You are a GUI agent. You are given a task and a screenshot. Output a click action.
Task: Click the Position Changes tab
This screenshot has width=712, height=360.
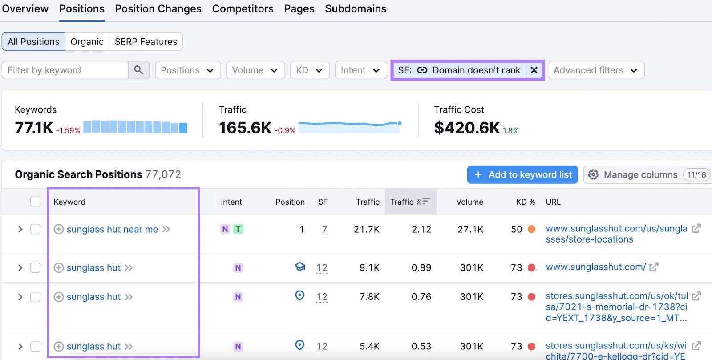coord(158,9)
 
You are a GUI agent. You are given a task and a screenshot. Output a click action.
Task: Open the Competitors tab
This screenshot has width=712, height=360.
coord(243,9)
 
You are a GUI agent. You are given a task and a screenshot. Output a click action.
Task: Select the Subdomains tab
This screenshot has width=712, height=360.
coord(356,9)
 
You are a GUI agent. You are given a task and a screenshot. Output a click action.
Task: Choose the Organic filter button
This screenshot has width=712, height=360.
coord(87,42)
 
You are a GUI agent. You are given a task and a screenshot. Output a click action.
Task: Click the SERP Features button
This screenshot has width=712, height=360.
coord(146,42)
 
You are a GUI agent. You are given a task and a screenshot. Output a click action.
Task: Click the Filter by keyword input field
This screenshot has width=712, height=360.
coord(65,70)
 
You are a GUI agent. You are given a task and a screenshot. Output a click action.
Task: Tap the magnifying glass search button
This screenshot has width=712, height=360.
coord(138,70)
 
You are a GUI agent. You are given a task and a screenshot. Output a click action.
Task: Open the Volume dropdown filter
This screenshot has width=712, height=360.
coord(255,70)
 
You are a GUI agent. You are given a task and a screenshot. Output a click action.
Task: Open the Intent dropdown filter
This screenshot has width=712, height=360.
coord(360,70)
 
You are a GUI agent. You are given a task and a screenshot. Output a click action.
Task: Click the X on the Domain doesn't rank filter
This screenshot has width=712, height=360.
coord(534,70)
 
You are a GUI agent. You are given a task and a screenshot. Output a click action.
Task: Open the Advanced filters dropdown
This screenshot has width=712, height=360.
coord(595,70)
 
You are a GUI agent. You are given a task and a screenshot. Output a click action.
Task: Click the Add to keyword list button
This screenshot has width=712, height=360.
coord(522,175)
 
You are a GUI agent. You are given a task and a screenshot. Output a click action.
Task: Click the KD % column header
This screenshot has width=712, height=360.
coord(525,202)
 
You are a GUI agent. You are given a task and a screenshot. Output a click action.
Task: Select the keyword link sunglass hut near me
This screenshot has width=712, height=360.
coord(112,230)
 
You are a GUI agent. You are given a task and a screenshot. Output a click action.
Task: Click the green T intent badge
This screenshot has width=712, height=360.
coord(238,229)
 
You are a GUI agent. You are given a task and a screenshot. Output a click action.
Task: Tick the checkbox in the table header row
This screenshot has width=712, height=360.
coord(36,202)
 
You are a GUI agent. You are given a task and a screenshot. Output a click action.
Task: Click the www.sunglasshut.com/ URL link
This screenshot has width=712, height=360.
coord(595,267)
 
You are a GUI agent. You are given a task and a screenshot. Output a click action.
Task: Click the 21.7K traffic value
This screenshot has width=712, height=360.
coord(367,229)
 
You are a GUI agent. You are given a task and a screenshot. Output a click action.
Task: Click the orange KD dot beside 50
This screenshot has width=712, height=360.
coord(531,229)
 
